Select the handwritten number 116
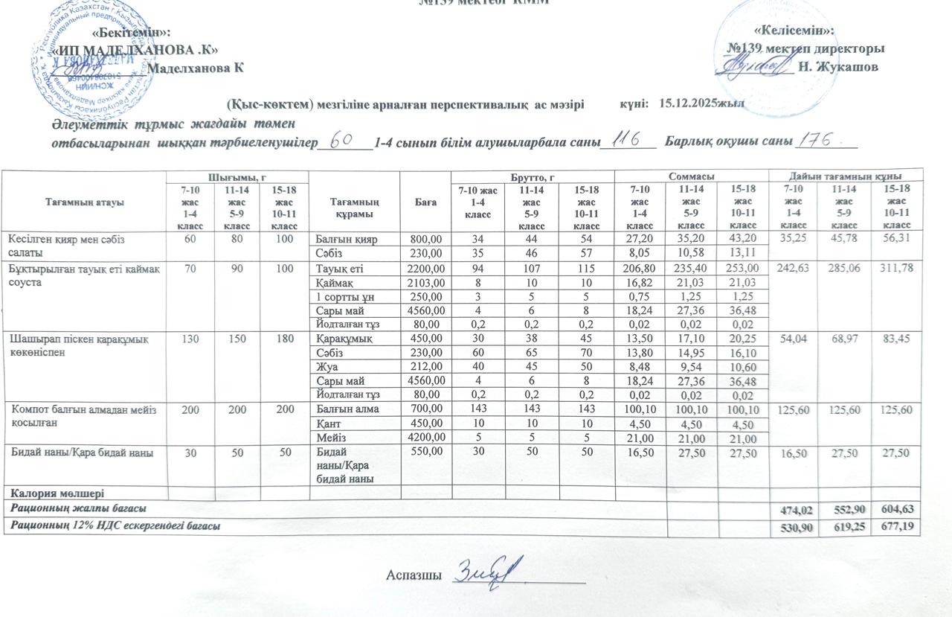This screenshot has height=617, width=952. click(627, 141)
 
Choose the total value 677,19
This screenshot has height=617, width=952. click(897, 527)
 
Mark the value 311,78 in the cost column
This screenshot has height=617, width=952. click(897, 268)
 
